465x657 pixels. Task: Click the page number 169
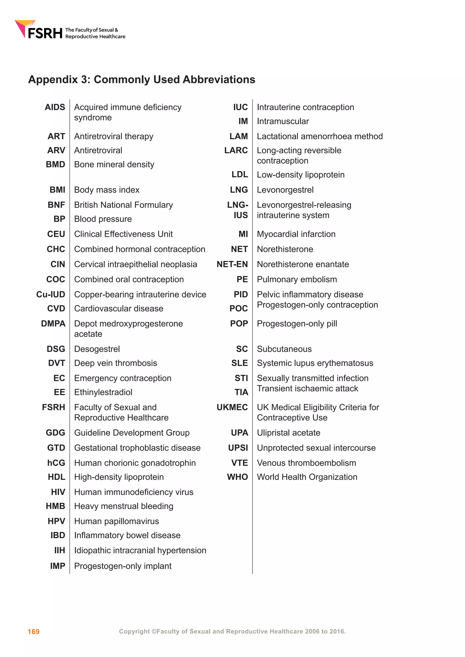(34, 632)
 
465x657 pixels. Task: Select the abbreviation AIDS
(55, 107)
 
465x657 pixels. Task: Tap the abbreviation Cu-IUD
(51, 294)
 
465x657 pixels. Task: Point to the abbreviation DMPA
(53, 324)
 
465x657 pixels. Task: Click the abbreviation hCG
(56, 463)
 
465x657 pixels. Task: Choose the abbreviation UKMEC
(232, 407)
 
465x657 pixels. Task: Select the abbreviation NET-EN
(232, 264)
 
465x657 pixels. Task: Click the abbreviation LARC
(236, 150)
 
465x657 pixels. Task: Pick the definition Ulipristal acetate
(288, 433)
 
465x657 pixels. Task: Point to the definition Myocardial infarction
(296, 234)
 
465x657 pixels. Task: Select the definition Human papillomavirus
(116, 521)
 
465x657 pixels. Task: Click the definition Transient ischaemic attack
(307, 389)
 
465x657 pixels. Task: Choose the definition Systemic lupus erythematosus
(315, 363)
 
